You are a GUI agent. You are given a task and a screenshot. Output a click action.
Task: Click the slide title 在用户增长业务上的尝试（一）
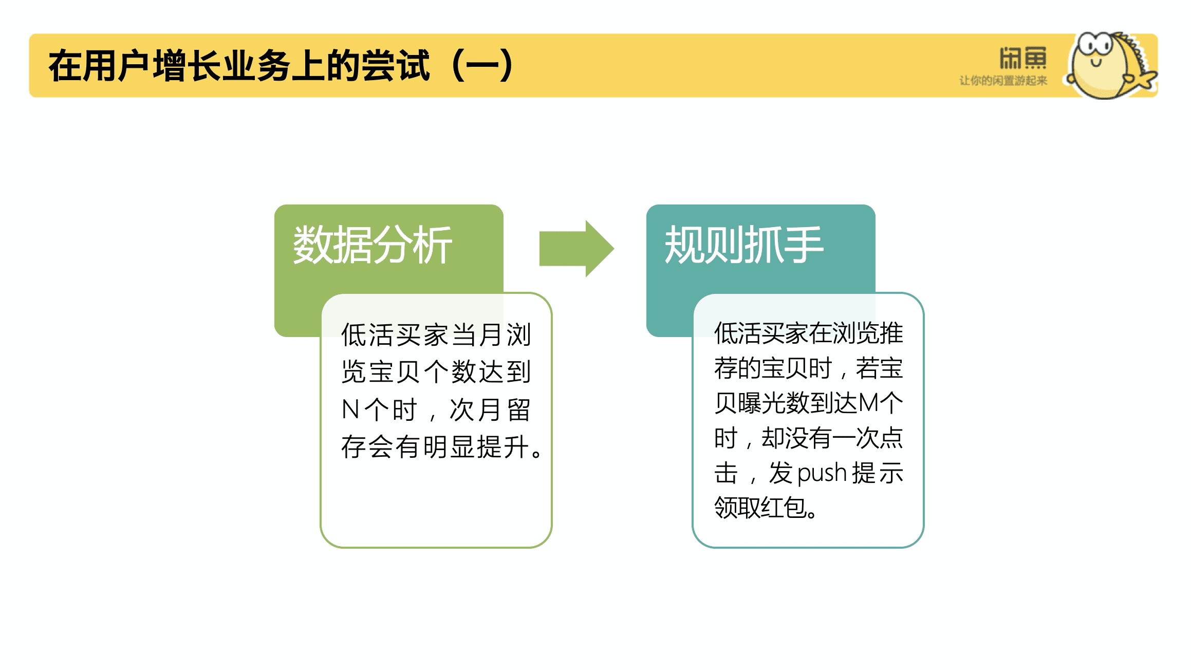pos(281,66)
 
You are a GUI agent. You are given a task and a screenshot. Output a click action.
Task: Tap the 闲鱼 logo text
pos(1022,58)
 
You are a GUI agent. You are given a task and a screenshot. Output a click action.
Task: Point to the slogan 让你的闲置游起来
pos(1003,81)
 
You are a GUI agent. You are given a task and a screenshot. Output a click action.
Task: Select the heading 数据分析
pos(373,245)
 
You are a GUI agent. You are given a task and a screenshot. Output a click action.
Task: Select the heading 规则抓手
pos(744,245)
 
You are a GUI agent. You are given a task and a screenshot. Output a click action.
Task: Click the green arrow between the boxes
pos(576,249)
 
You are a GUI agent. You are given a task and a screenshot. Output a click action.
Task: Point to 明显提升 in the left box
pos(476,446)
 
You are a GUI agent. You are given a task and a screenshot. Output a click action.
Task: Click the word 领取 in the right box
pos(737,508)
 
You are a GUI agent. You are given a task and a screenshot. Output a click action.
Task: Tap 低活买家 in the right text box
pos(761,333)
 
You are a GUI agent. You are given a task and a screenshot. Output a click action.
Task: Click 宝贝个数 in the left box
pos(423,372)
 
